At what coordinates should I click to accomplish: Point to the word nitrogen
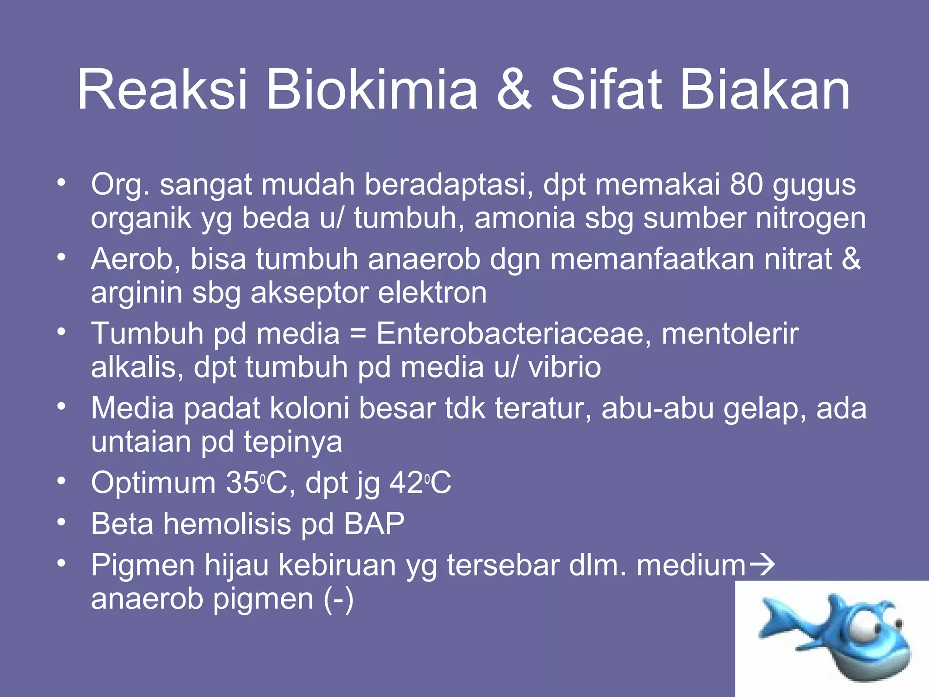pyautogui.click(x=810, y=219)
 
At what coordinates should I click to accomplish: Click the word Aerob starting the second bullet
pyautogui.click(x=135, y=259)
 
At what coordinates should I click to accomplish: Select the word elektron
pyautogui.click(x=432, y=293)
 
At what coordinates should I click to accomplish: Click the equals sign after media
pyautogui.click(x=358, y=334)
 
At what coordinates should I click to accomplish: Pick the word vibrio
pyautogui.click(x=564, y=367)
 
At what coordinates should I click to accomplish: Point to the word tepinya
pyautogui.click(x=293, y=442)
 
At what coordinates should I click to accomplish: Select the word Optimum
pyautogui.click(x=153, y=483)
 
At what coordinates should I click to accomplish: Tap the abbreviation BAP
pyautogui.click(x=374, y=524)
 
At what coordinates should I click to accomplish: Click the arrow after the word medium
pyautogui.click(x=762, y=565)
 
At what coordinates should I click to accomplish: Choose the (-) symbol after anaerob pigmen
pyautogui.click(x=338, y=599)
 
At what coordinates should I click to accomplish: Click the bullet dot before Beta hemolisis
pyautogui.click(x=62, y=522)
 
